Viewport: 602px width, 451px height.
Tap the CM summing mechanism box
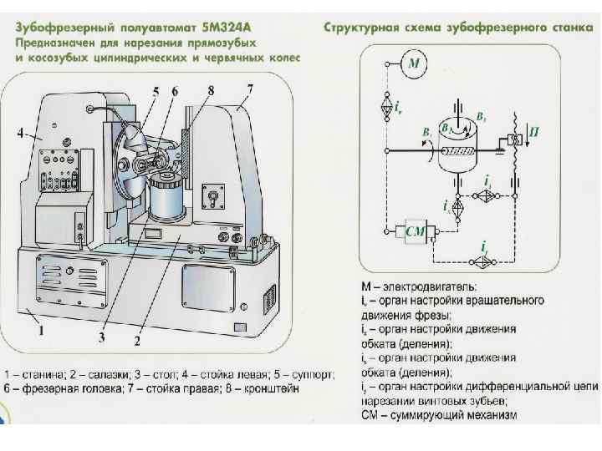click(x=416, y=231)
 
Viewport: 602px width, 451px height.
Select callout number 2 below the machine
click(x=138, y=342)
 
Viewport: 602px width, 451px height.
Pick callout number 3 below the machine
click(x=101, y=337)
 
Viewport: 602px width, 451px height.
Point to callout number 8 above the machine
click(x=211, y=89)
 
